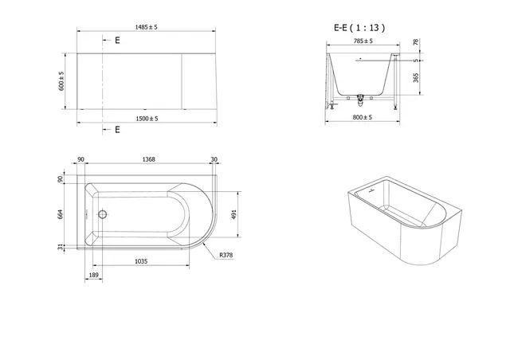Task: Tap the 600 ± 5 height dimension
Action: (61, 80)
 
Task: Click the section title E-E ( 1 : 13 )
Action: (359, 27)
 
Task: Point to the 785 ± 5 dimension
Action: (363, 42)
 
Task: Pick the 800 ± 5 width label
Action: (363, 117)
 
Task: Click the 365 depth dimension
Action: (416, 77)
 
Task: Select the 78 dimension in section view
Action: (416, 42)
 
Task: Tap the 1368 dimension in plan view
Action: (148, 159)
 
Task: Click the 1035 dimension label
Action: (140, 261)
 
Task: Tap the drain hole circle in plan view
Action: (102, 214)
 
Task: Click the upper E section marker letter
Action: (117, 39)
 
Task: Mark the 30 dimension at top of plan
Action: (214, 159)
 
